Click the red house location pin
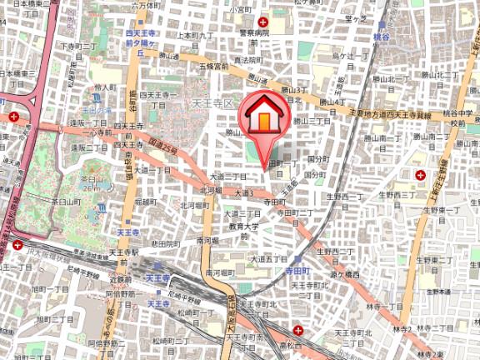point(263,122)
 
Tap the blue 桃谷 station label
point(382,38)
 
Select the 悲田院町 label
point(167,244)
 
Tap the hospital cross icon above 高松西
point(297,331)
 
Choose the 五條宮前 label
point(214,64)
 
